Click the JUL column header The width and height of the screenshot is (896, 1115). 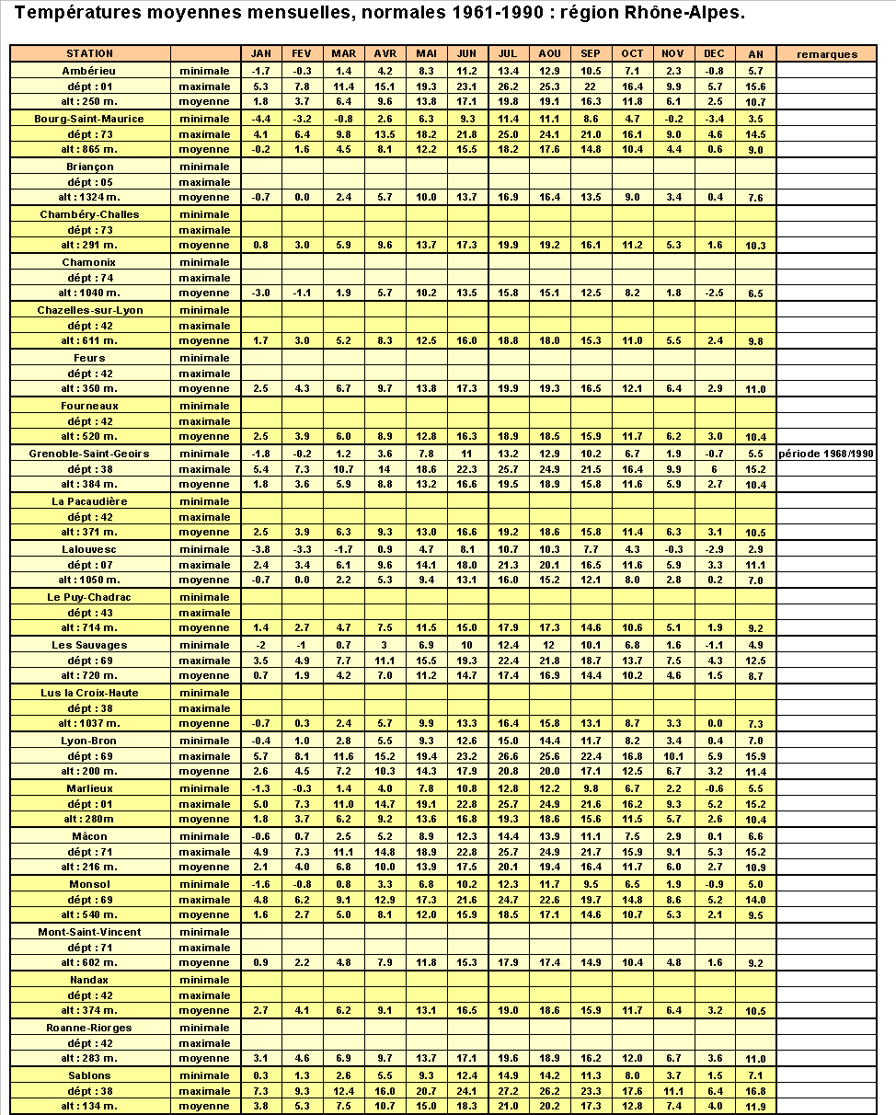[x=509, y=53]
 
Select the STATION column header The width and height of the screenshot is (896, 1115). [x=89, y=53]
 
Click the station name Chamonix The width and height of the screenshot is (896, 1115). [x=89, y=262]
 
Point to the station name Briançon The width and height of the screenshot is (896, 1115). [x=89, y=167]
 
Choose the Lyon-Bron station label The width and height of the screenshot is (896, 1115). [x=89, y=741]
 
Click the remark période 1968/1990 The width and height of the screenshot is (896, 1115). [x=827, y=454]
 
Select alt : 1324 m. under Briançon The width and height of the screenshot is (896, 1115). [x=89, y=197]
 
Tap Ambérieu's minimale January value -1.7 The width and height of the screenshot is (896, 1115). [x=260, y=71]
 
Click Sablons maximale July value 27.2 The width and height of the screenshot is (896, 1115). [x=509, y=1091]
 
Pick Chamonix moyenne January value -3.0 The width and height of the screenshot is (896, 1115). [x=260, y=293]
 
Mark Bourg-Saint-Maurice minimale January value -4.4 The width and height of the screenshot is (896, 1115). [x=260, y=119]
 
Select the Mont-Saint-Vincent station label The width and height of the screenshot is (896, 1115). [x=89, y=932]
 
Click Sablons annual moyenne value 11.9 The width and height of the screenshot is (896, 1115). [x=755, y=1107]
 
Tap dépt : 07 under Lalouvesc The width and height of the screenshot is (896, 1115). [x=89, y=565]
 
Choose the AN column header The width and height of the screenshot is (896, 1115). [x=755, y=54]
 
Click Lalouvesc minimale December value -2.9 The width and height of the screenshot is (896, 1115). [x=714, y=549]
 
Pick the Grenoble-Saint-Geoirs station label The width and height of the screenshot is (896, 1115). [x=89, y=454]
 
